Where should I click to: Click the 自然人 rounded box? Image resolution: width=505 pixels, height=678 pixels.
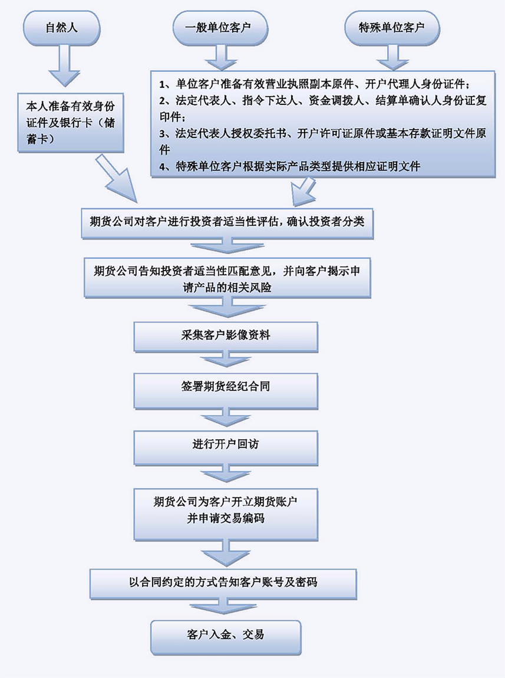tap(62, 28)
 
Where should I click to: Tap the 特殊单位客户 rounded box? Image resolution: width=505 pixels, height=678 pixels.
tap(391, 28)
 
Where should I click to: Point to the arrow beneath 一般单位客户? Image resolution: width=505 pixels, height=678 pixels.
tap(219, 57)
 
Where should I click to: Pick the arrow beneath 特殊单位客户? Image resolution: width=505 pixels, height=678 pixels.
tap(391, 57)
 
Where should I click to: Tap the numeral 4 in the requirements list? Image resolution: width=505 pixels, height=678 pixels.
tap(163, 166)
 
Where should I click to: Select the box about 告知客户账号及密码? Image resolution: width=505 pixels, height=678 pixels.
tap(223, 582)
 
